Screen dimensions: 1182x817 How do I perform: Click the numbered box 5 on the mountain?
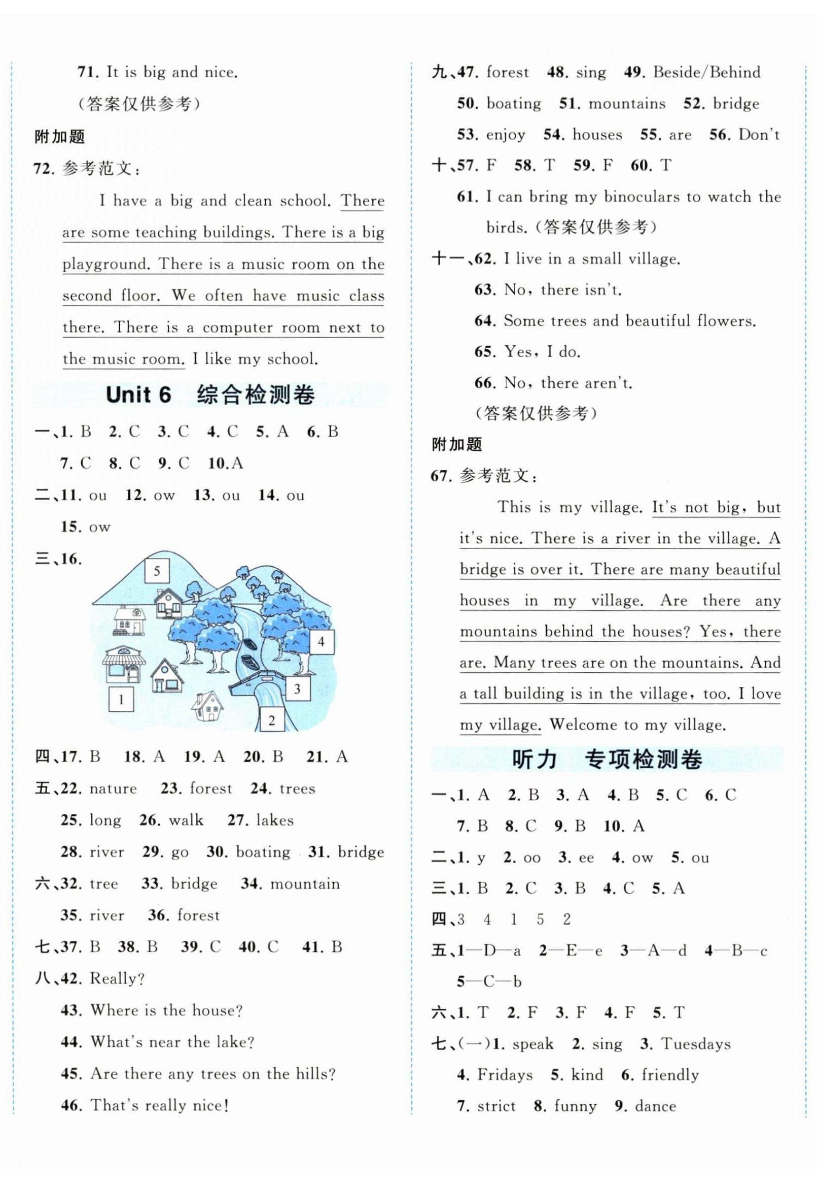157,571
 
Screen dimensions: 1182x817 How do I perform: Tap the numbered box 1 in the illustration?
121,699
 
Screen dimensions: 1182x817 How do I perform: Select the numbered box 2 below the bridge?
271,720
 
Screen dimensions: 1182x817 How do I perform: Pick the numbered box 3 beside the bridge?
297,689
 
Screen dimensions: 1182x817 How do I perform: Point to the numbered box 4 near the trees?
321,641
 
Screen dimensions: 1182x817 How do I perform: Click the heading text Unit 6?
138,396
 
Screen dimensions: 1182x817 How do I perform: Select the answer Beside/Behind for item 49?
706,72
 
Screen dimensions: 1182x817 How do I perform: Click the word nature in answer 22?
113,789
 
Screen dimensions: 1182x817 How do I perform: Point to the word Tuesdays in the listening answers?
696,1044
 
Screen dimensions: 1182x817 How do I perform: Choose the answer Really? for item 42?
117,978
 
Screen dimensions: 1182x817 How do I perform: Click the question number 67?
441,476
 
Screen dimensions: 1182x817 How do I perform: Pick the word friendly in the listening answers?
669,1075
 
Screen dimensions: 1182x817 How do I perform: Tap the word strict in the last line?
496,1106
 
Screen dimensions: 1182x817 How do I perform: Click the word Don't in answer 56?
759,135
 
